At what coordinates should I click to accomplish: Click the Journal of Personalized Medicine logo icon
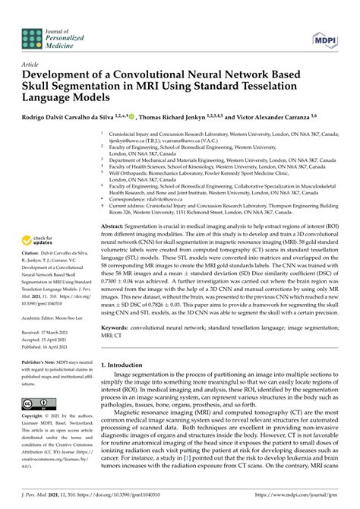click(x=32, y=35)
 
